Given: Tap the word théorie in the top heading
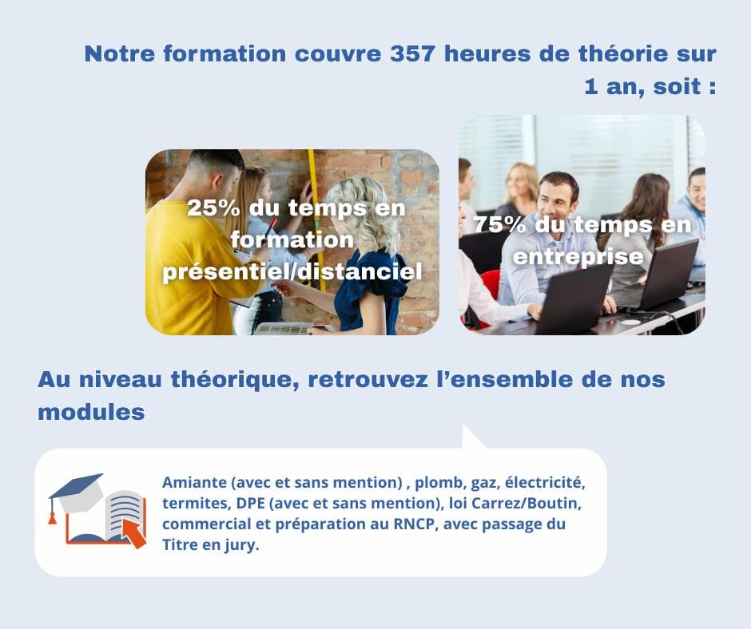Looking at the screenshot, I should coord(591,54).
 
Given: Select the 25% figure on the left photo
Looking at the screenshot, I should coord(212,209).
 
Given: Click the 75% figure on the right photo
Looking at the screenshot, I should coord(500,225).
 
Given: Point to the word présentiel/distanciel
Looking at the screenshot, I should coord(292,272).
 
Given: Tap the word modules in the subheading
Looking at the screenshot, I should coord(90,412).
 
